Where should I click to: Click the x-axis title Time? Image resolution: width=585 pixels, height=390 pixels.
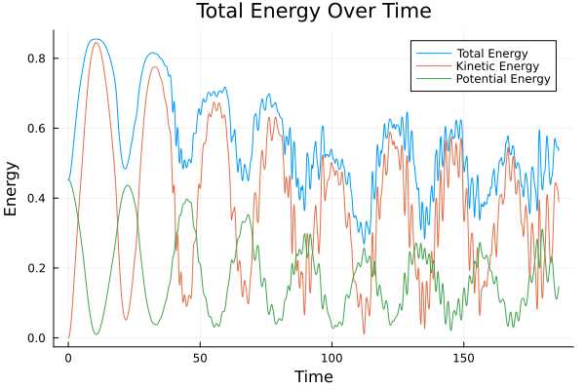point(313,376)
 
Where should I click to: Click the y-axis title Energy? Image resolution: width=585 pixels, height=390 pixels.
point(12,188)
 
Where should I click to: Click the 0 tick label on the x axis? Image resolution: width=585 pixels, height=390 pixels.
point(68,357)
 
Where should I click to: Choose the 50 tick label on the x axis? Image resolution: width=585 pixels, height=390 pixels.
point(200,357)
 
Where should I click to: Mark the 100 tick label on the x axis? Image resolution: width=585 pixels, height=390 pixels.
point(331,357)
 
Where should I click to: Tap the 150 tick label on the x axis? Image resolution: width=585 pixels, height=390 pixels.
point(463,357)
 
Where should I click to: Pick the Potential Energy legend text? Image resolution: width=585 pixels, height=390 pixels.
point(504,79)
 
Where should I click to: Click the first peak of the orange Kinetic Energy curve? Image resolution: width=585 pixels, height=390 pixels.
point(96,42)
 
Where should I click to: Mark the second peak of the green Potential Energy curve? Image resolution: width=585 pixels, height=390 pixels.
point(127,185)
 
